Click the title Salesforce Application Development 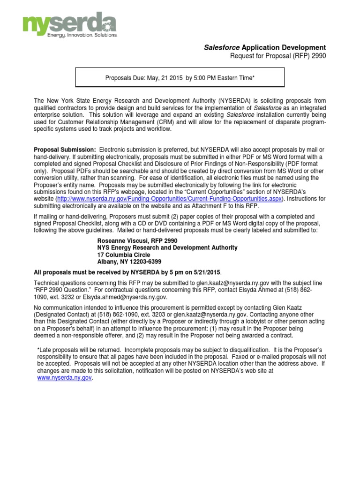(265, 48)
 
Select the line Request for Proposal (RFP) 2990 (277, 56)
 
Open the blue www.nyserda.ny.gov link (64, 377)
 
